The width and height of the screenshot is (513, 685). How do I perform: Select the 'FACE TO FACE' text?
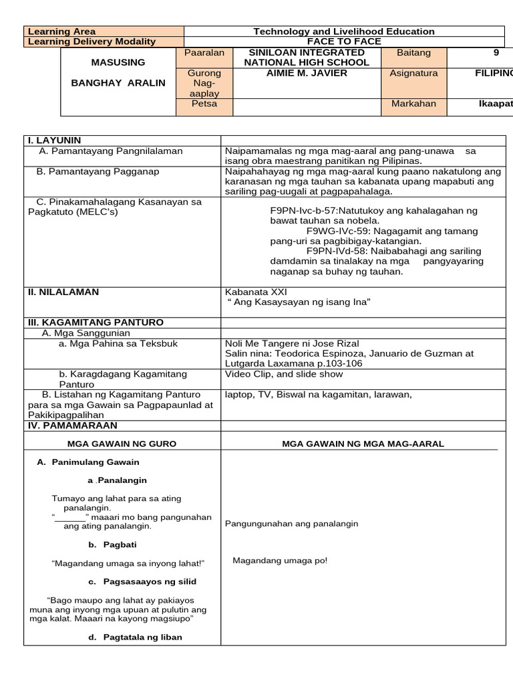coord(344,41)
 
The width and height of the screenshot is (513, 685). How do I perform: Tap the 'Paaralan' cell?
coord(204,53)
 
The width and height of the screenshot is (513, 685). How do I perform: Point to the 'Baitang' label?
coord(413,53)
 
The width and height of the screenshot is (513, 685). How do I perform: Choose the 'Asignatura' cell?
coord(413,73)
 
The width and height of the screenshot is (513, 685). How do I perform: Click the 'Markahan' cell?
coord(413,104)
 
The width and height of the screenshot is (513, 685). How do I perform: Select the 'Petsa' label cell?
coord(204,104)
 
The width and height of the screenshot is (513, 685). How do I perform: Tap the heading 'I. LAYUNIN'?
coord(55,140)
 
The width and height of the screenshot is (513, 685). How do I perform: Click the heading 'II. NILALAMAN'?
coord(63,292)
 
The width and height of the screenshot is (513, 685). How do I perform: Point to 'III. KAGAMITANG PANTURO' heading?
coord(96,322)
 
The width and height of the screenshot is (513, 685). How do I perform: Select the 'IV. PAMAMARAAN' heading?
coord(72,425)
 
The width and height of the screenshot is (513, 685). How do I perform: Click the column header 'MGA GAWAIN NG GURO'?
coord(122,444)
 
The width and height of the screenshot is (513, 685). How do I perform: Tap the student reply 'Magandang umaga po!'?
coord(280,561)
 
